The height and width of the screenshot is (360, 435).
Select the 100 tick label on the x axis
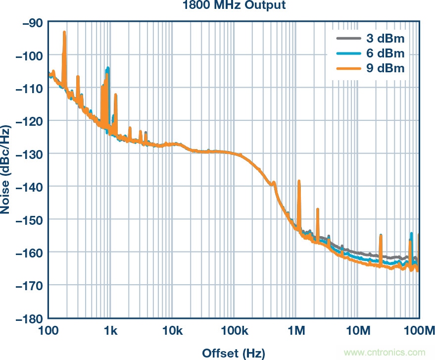click(48, 330)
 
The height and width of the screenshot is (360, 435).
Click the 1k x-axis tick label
click(110, 330)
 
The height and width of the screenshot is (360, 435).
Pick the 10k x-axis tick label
click(172, 330)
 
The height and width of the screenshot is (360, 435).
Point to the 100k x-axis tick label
click(234, 330)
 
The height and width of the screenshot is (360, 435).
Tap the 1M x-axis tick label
click(296, 330)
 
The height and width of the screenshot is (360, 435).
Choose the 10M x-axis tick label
click(358, 330)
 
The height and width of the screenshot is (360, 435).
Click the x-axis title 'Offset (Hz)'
click(234, 353)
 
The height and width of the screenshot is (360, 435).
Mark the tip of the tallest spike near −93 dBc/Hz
click(64, 32)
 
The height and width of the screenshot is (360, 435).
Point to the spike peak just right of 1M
click(299, 181)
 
